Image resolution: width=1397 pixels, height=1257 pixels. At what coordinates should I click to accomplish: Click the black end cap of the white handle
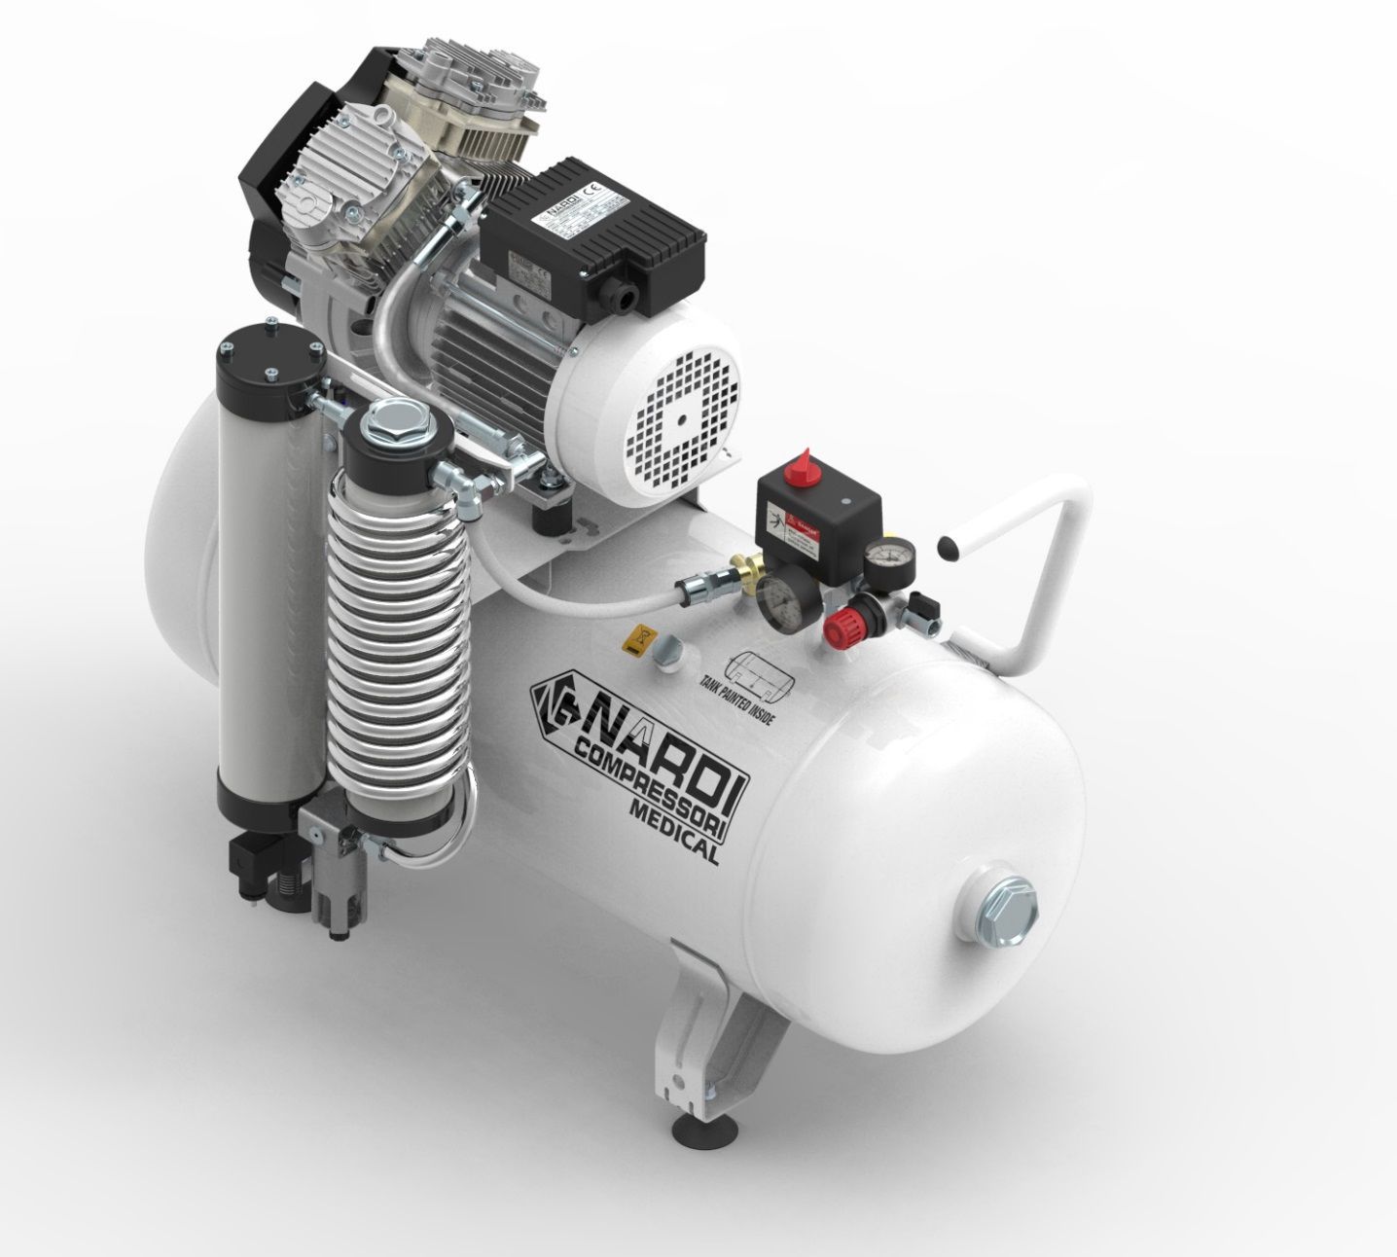[944, 548]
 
